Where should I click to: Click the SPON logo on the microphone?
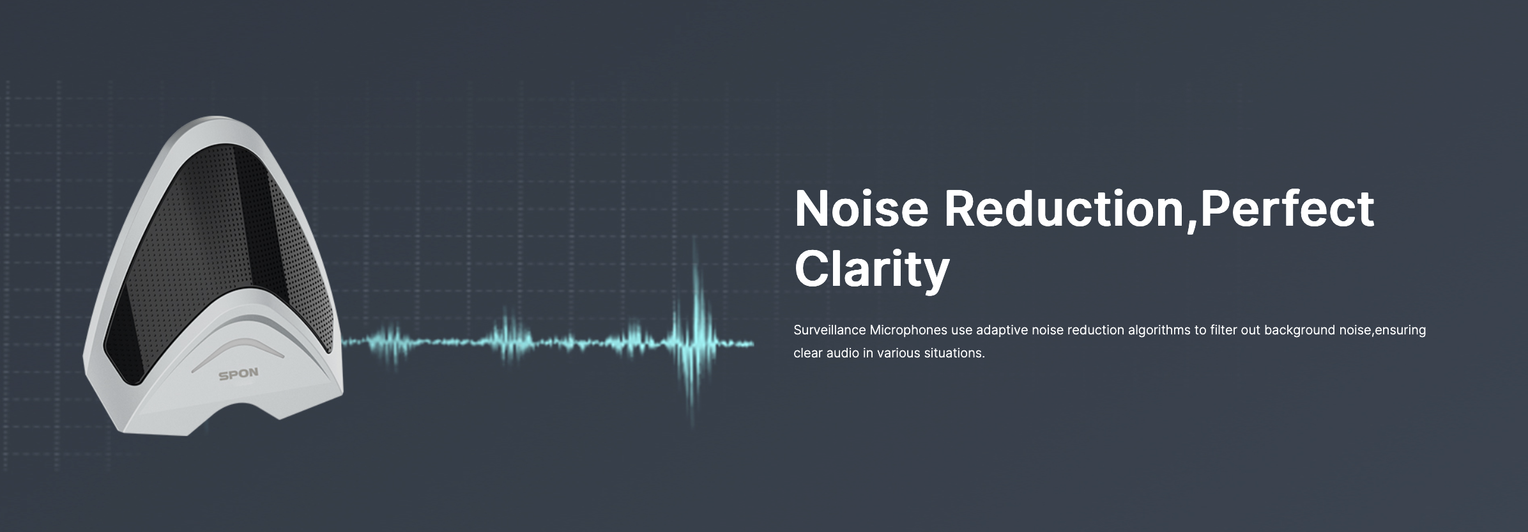coord(238,374)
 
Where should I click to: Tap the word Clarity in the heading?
coord(872,269)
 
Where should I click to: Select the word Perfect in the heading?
coord(1287,208)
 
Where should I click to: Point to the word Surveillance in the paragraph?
coord(829,330)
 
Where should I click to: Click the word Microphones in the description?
coord(908,331)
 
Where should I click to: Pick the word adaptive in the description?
coord(1002,331)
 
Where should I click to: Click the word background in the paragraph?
coord(1299,331)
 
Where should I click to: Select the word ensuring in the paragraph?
coord(1400,331)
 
